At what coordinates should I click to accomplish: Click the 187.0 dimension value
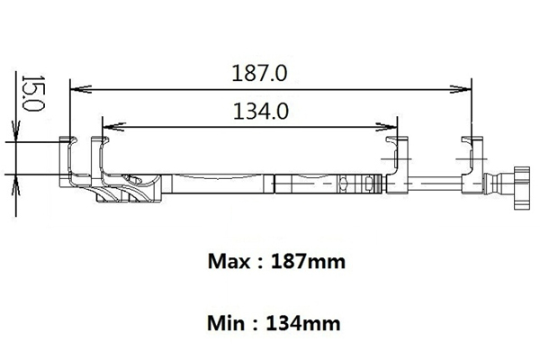tap(259, 74)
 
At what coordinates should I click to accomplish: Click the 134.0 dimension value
tap(261, 112)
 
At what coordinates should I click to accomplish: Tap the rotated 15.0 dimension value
tap(33, 93)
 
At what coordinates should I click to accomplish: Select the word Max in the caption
tap(229, 262)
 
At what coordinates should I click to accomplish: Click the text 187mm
tap(308, 262)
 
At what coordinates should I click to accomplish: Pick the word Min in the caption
tap(226, 323)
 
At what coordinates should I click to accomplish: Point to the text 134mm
tap(303, 323)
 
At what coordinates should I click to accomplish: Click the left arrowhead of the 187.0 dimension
tap(81, 90)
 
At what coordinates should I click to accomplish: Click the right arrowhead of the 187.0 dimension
tap(461, 89)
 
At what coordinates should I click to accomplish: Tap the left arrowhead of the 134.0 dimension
tap(113, 127)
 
